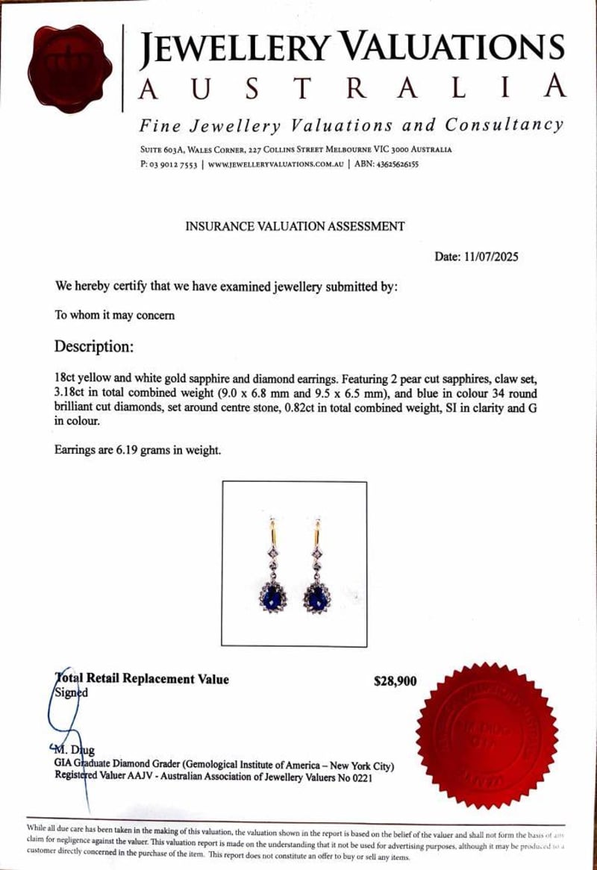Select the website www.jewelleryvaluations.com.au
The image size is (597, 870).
pyautogui.click(x=276, y=164)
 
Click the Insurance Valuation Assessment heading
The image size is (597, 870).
pyautogui.click(x=295, y=226)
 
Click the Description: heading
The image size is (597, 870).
pyautogui.click(x=94, y=347)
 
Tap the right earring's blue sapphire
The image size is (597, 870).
pyautogui.click(x=318, y=596)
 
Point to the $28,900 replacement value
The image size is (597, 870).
pyautogui.click(x=396, y=680)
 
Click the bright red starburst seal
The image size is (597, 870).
pyautogui.click(x=487, y=734)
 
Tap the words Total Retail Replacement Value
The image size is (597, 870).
pyautogui.click(x=143, y=679)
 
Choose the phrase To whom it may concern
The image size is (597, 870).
pyautogui.click(x=115, y=315)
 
